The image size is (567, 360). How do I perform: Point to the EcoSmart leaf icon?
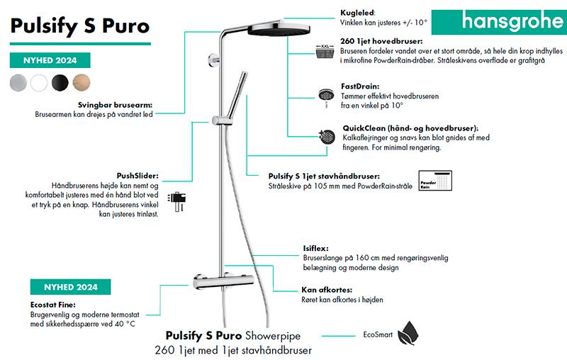coord(408,333)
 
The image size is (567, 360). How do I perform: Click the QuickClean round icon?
coord(327,135)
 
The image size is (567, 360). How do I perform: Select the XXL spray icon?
coord(327,51)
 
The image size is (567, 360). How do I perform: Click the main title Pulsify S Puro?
coord(80,26)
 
